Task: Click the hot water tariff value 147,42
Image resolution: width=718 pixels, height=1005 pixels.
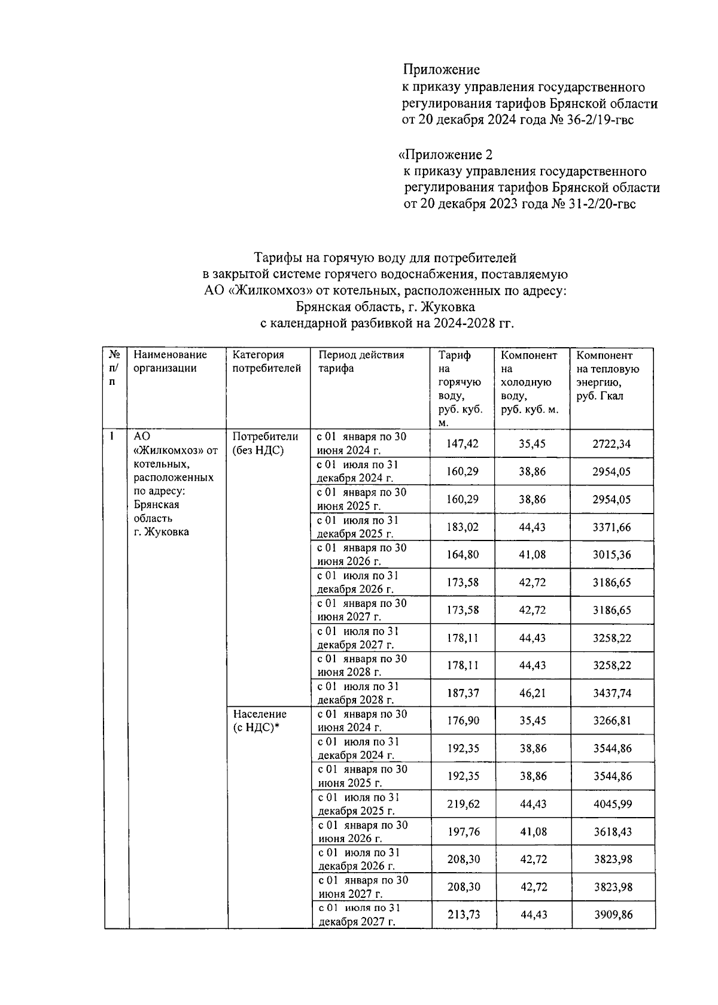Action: click(463, 444)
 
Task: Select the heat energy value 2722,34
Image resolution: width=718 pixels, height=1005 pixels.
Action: click(611, 444)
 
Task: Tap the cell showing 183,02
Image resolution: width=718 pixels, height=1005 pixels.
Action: click(463, 527)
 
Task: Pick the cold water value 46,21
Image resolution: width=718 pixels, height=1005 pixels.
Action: click(533, 693)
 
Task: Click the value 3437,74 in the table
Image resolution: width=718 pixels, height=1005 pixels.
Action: click(611, 693)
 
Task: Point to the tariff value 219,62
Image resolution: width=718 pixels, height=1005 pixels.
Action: click(463, 804)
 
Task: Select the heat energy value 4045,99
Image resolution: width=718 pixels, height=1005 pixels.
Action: click(613, 804)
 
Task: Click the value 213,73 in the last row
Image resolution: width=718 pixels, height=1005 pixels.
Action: click(463, 915)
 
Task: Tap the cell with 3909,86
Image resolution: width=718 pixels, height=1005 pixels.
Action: click(613, 915)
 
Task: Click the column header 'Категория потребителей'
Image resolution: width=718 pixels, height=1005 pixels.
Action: click(266, 362)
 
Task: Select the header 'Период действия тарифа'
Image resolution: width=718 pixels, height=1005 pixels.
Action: click(361, 362)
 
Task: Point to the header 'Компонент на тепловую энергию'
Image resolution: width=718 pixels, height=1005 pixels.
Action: click(608, 375)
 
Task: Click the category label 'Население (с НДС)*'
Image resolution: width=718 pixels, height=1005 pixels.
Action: click(260, 721)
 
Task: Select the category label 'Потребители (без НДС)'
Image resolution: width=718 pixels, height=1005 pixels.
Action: click(264, 444)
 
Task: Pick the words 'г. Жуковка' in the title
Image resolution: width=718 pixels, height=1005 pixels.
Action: click(447, 307)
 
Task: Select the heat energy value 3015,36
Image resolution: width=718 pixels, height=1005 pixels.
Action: click(611, 555)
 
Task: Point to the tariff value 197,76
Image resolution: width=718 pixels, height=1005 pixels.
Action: click(463, 831)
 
